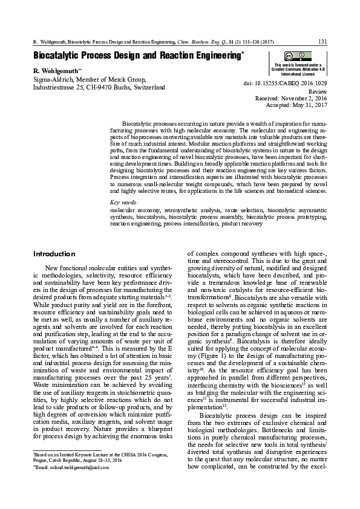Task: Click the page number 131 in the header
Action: (x=322, y=42)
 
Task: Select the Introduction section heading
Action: (x=54, y=253)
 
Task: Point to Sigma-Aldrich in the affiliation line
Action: (x=52, y=79)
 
